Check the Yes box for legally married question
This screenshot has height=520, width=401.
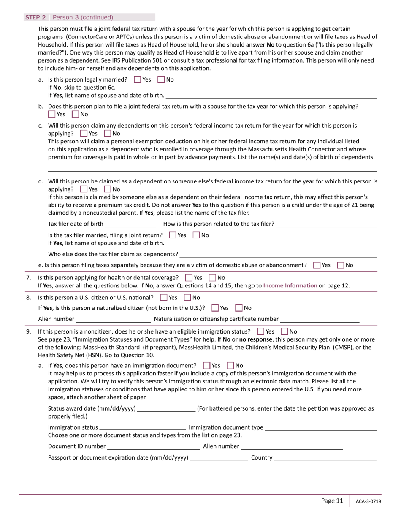[138, 79]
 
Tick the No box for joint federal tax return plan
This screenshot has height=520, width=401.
[76, 114]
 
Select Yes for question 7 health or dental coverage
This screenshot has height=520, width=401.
[189, 278]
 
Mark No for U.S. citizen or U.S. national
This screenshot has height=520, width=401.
[188, 298]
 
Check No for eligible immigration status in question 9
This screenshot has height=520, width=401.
[284, 331]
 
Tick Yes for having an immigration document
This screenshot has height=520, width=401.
[207, 365]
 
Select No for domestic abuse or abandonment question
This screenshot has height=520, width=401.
[341, 265]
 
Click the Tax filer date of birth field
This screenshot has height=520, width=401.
[130, 224]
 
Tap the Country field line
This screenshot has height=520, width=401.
[325, 457]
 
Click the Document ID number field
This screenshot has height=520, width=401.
[154, 446]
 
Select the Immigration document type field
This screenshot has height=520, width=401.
[321, 427]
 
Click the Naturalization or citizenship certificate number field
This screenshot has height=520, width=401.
[320, 319]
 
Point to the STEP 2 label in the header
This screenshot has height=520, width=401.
[35, 17]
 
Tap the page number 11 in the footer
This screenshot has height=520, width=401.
[339, 501]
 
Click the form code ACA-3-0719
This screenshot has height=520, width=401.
[368, 501]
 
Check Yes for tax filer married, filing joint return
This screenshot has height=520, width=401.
[173, 235]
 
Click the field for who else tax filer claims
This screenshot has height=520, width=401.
[278, 254]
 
